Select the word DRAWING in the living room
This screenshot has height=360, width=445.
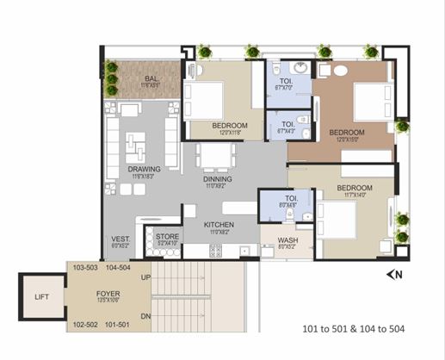pos(145,169)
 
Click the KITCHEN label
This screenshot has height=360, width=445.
pos(219,225)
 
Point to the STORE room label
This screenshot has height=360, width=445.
pos(168,235)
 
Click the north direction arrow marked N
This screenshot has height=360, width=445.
pos(395,275)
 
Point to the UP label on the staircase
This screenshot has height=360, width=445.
pos(145,277)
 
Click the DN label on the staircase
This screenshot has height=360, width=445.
pos(145,317)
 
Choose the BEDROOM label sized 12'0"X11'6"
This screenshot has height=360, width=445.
pos(230,126)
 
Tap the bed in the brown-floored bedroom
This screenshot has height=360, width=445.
pos(372,101)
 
